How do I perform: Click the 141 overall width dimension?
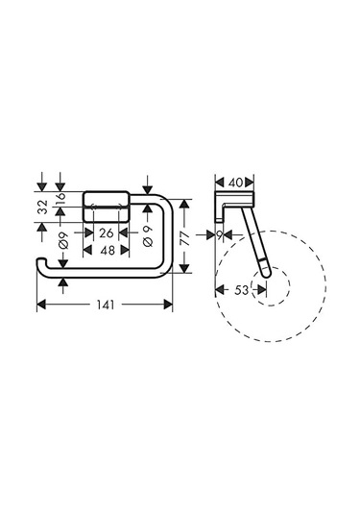(x=106, y=305)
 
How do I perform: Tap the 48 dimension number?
(x=108, y=251)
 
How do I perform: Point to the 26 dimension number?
(x=107, y=233)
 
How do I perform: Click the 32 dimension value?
(x=42, y=207)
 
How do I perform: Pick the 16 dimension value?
(x=60, y=199)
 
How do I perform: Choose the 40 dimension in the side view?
(x=235, y=183)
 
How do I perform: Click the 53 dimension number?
(x=242, y=290)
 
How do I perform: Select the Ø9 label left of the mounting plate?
(x=63, y=240)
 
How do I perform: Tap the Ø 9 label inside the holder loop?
(x=148, y=236)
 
